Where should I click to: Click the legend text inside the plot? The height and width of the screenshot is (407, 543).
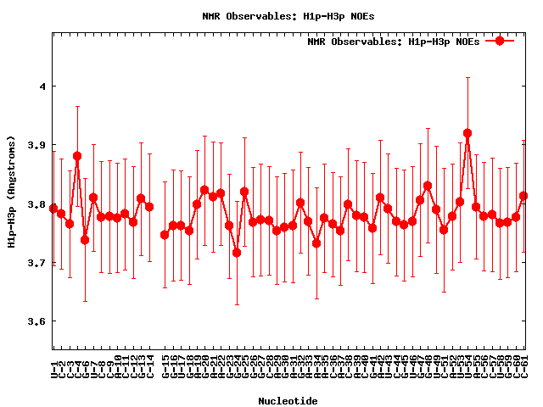click(x=393, y=41)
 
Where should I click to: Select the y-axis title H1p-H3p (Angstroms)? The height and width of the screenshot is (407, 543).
click(x=11, y=191)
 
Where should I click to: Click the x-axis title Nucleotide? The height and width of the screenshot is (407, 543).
click(x=288, y=401)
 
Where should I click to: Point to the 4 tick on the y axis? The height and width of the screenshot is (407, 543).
click(x=42, y=86)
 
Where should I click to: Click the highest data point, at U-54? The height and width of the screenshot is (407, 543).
click(x=467, y=133)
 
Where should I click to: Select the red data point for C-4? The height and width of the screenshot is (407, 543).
click(x=77, y=156)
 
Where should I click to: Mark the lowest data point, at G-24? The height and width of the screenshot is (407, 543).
click(x=237, y=253)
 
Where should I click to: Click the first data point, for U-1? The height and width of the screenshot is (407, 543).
click(x=53, y=208)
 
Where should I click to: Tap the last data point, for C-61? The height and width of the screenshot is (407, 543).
click(x=523, y=196)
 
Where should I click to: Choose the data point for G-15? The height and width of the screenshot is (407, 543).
click(x=165, y=235)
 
